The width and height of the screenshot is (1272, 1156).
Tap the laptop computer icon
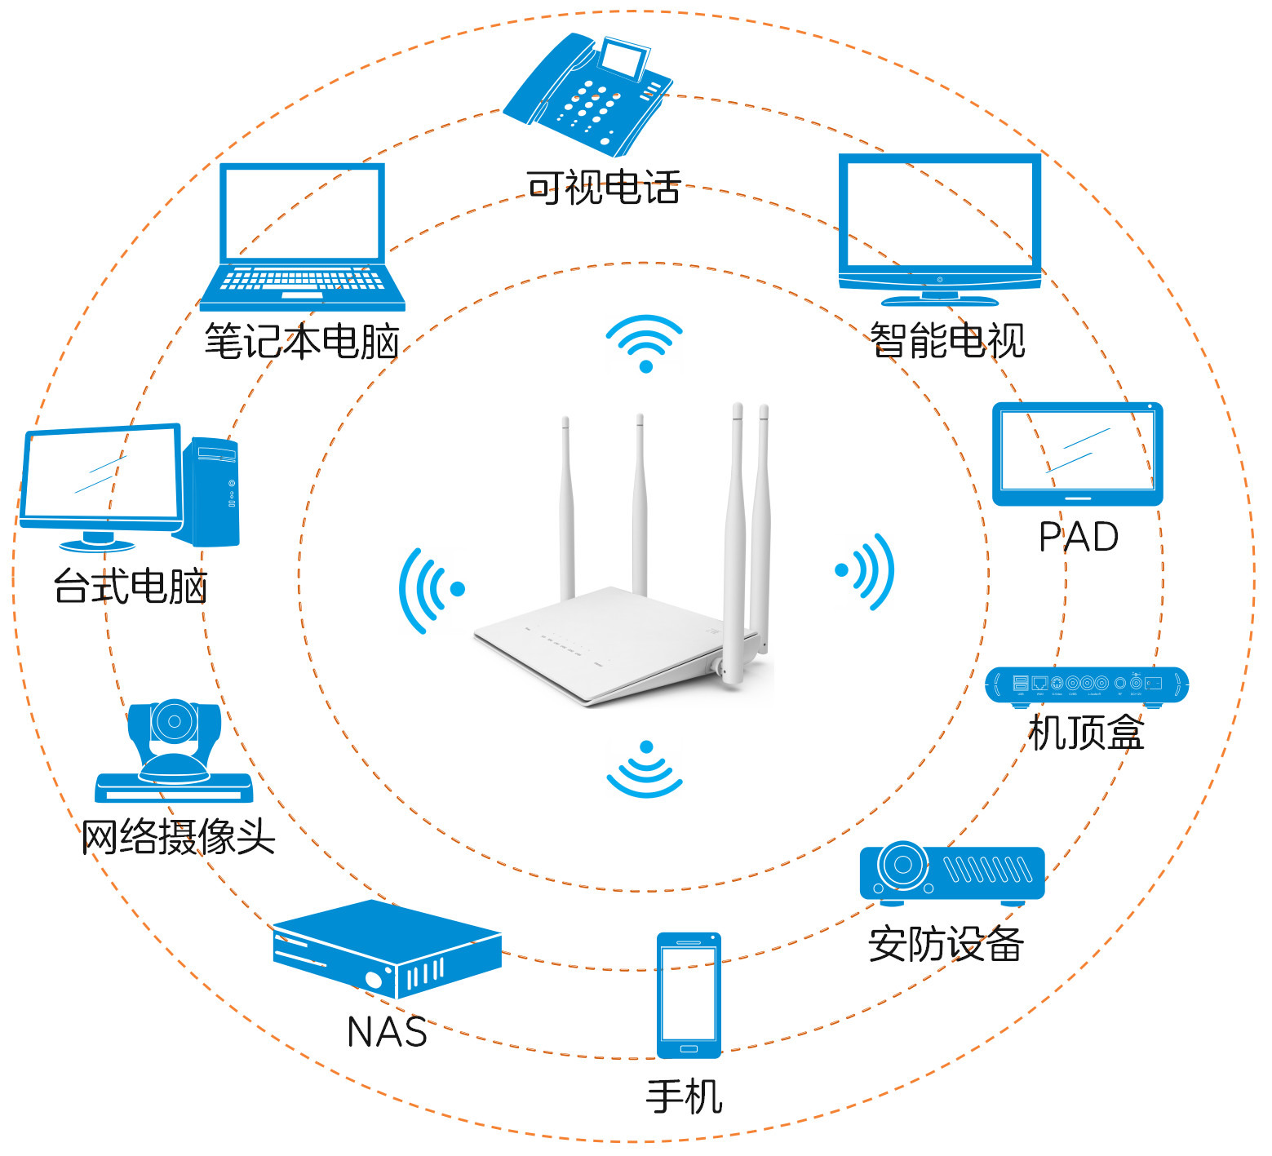[302, 237]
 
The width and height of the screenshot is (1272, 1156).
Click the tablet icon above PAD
[1077, 454]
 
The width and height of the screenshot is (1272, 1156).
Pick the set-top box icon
[1086, 684]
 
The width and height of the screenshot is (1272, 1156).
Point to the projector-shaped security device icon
[951, 874]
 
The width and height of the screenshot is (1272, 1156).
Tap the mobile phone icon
[689, 995]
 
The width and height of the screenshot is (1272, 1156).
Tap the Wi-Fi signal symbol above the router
[645, 343]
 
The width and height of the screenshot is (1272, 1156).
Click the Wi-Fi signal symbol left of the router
[431, 590]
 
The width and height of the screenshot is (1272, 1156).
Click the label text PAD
[1078, 537]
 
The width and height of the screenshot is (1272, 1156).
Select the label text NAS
[387, 1032]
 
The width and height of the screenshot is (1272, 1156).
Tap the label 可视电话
[603, 188]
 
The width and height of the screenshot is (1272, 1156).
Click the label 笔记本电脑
[302, 341]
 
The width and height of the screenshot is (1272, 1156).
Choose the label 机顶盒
[1086, 733]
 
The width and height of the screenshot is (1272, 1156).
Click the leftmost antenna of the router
[565, 506]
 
